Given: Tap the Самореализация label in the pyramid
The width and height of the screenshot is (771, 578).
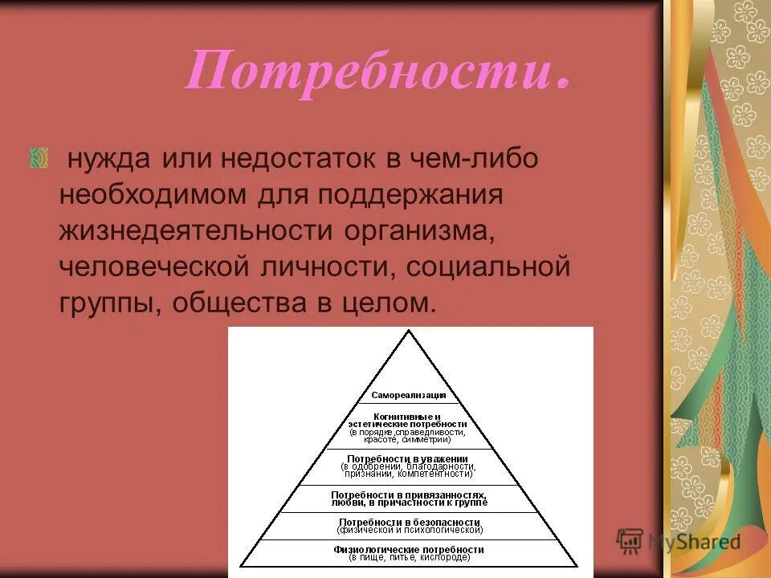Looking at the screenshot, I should (x=410, y=395).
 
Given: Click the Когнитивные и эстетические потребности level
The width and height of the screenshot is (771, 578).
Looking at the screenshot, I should (x=408, y=428).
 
